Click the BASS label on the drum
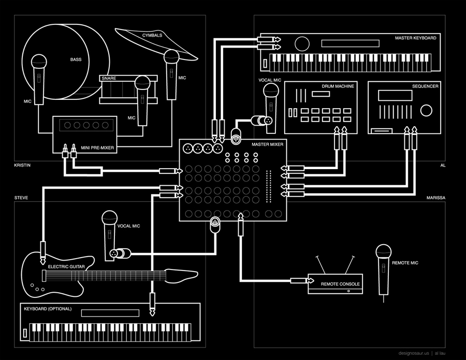tap(76, 59)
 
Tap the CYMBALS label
tap(152, 35)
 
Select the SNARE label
tap(108, 79)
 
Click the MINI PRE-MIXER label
tap(97, 148)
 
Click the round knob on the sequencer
tap(426, 110)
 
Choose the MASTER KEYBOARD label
tap(415, 38)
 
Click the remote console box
tap(334, 284)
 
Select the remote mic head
tap(383, 252)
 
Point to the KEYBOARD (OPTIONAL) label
tap(48, 309)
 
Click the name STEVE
tap(21, 198)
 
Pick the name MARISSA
tap(435, 198)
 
